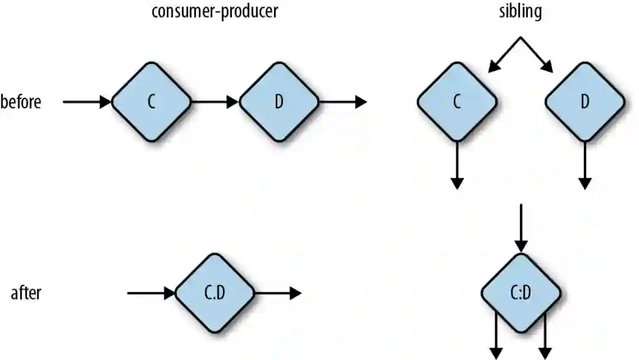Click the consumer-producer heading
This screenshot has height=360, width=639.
215,12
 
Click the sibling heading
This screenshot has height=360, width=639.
520,12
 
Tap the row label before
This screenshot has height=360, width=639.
21,102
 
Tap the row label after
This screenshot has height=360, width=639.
26,293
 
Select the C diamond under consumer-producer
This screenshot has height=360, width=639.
151,102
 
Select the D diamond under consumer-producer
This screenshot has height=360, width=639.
279,102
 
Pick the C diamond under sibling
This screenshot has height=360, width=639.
457,102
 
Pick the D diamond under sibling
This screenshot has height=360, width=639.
585,102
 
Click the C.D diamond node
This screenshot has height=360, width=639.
215,293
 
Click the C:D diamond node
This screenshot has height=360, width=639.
521,293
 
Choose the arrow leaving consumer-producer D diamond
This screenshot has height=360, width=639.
343,102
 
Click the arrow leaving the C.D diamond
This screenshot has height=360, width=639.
278,293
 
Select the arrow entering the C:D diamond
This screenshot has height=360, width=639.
521,228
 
